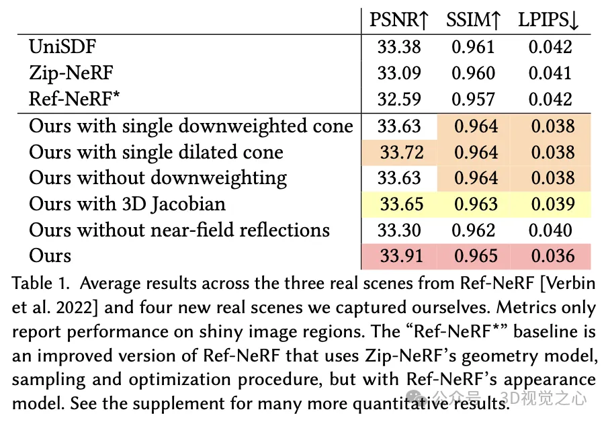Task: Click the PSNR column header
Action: tap(399, 20)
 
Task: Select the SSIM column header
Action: tap(474, 20)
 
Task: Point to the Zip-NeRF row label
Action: tap(71, 73)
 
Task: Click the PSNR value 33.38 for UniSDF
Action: tap(399, 47)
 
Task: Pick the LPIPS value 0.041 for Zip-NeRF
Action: tap(550, 73)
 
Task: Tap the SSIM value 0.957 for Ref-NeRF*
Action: tap(473, 99)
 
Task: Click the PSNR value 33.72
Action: tap(402, 152)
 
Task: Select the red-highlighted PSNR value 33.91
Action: tap(402, 256)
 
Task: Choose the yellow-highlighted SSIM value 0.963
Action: tap(476, 204)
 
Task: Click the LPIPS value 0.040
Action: tap(550, 230)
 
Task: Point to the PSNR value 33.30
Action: tap(399, 230)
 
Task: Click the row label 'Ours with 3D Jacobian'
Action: tap(127, 204)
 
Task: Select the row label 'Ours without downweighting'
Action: tap(158, 178)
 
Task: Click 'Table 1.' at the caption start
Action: tap(39, 283)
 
